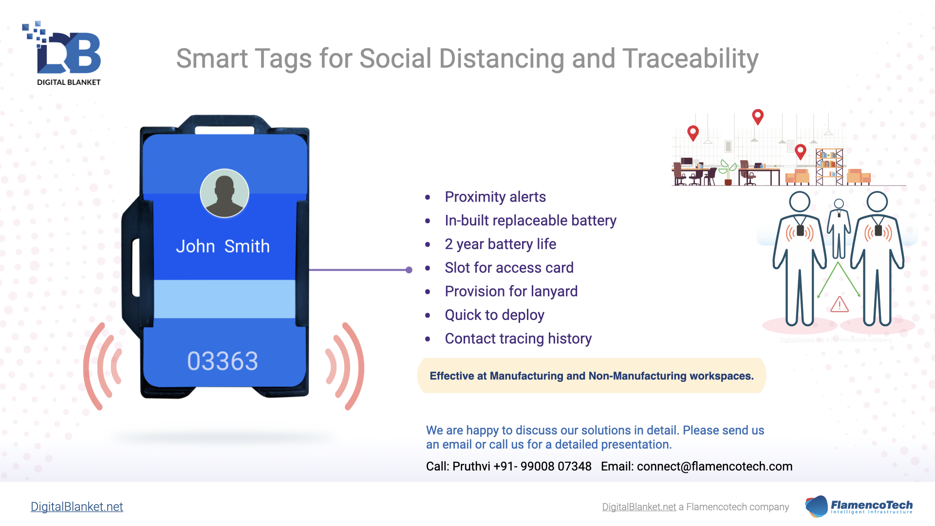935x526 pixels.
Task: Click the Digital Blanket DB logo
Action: click(x=62, y=54)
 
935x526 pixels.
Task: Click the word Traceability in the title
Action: click(x=691, y=59)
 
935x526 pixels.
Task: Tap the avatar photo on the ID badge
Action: click(x=224, y=193)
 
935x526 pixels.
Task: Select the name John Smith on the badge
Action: click(x=223, y=246)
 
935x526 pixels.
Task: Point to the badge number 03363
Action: click(x=223, y=361)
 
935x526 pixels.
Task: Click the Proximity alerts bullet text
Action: click(x=495, y=197)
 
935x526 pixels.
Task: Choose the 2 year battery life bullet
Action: click(x=500, y=244)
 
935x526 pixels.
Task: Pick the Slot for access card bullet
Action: click(x=509, y=267)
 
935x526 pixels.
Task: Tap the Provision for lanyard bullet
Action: click(x=511, y=291)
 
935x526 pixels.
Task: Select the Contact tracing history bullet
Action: click(x=518, y=338)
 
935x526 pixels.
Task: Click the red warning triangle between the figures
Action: click(x=840, y=304)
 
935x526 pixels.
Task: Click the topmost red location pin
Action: click(x=758, y=117)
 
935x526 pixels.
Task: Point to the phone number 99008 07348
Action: click(x=556, y=467)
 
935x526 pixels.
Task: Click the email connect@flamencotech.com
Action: click(x=714, y=467)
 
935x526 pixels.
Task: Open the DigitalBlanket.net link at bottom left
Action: click(x=77, y=507)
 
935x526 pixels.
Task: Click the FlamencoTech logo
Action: click(x=859, y=507)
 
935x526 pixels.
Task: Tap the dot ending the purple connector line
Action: click(x=409, y=270)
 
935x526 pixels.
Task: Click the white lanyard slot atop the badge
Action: click(x=224, y=131)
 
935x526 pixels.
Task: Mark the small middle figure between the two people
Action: click(x=839, y=228)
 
